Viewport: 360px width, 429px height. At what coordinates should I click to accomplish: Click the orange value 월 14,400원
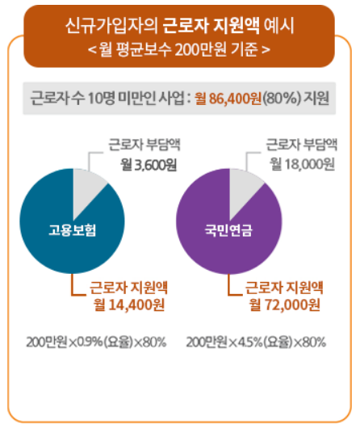(x=130, y=305)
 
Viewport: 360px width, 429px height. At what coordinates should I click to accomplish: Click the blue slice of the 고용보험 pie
(x=65, y=259)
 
